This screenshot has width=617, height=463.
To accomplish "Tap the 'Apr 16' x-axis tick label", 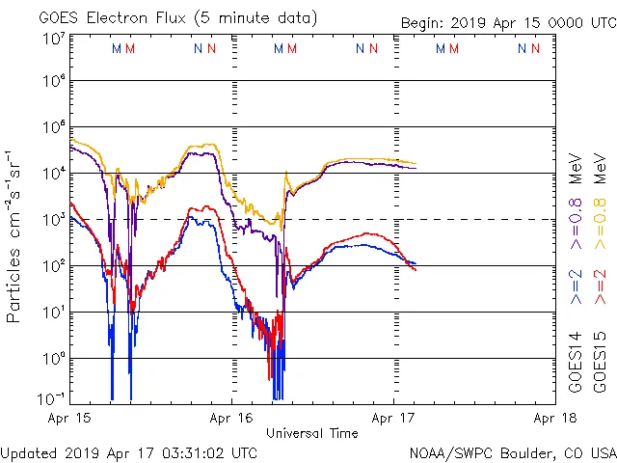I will (231, 419).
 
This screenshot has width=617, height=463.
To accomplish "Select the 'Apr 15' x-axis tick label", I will (70, 419).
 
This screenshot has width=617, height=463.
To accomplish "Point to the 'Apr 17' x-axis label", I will (393, 419).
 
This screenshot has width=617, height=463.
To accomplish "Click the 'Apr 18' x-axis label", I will (553, 419).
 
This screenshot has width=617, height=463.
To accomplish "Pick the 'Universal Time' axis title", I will (311, 433).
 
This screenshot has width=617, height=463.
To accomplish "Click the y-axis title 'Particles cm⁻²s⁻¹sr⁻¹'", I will (16, 235).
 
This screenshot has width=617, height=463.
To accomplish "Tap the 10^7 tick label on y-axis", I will (53, 39).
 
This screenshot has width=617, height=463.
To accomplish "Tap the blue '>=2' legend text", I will (576, 286).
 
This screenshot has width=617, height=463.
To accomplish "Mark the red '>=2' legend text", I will (599, 286).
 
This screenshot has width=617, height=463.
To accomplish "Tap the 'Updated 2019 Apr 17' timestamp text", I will (129, 452).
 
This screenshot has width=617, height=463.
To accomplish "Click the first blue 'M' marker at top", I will (117, 47).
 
